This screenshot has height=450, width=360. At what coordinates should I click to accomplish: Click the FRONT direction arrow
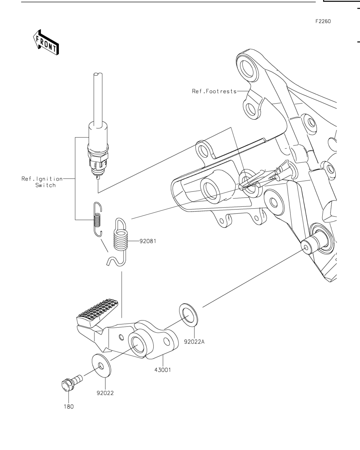pyautogui.click(x=46, y=42)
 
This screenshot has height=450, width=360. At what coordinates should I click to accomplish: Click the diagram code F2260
pyautogui.click(x=323, y=22)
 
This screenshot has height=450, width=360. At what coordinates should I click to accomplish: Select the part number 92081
pyautogui.click(x=148, y=241)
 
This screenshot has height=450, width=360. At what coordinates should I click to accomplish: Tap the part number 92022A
pyautogui.click(x=194, y=342)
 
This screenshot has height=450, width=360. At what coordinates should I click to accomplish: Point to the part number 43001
pyautogui.click(x=163, y=370)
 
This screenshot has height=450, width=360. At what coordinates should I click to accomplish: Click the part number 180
pyautogui.click(x=69, y=407)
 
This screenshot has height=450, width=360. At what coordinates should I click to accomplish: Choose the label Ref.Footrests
pyautogui.click(x=214, y=91)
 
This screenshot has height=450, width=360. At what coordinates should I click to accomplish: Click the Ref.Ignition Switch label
pyautogui.click(x=42, y=182)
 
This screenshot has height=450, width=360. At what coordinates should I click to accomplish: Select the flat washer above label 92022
pyautogui.click(x=101, y=366)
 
